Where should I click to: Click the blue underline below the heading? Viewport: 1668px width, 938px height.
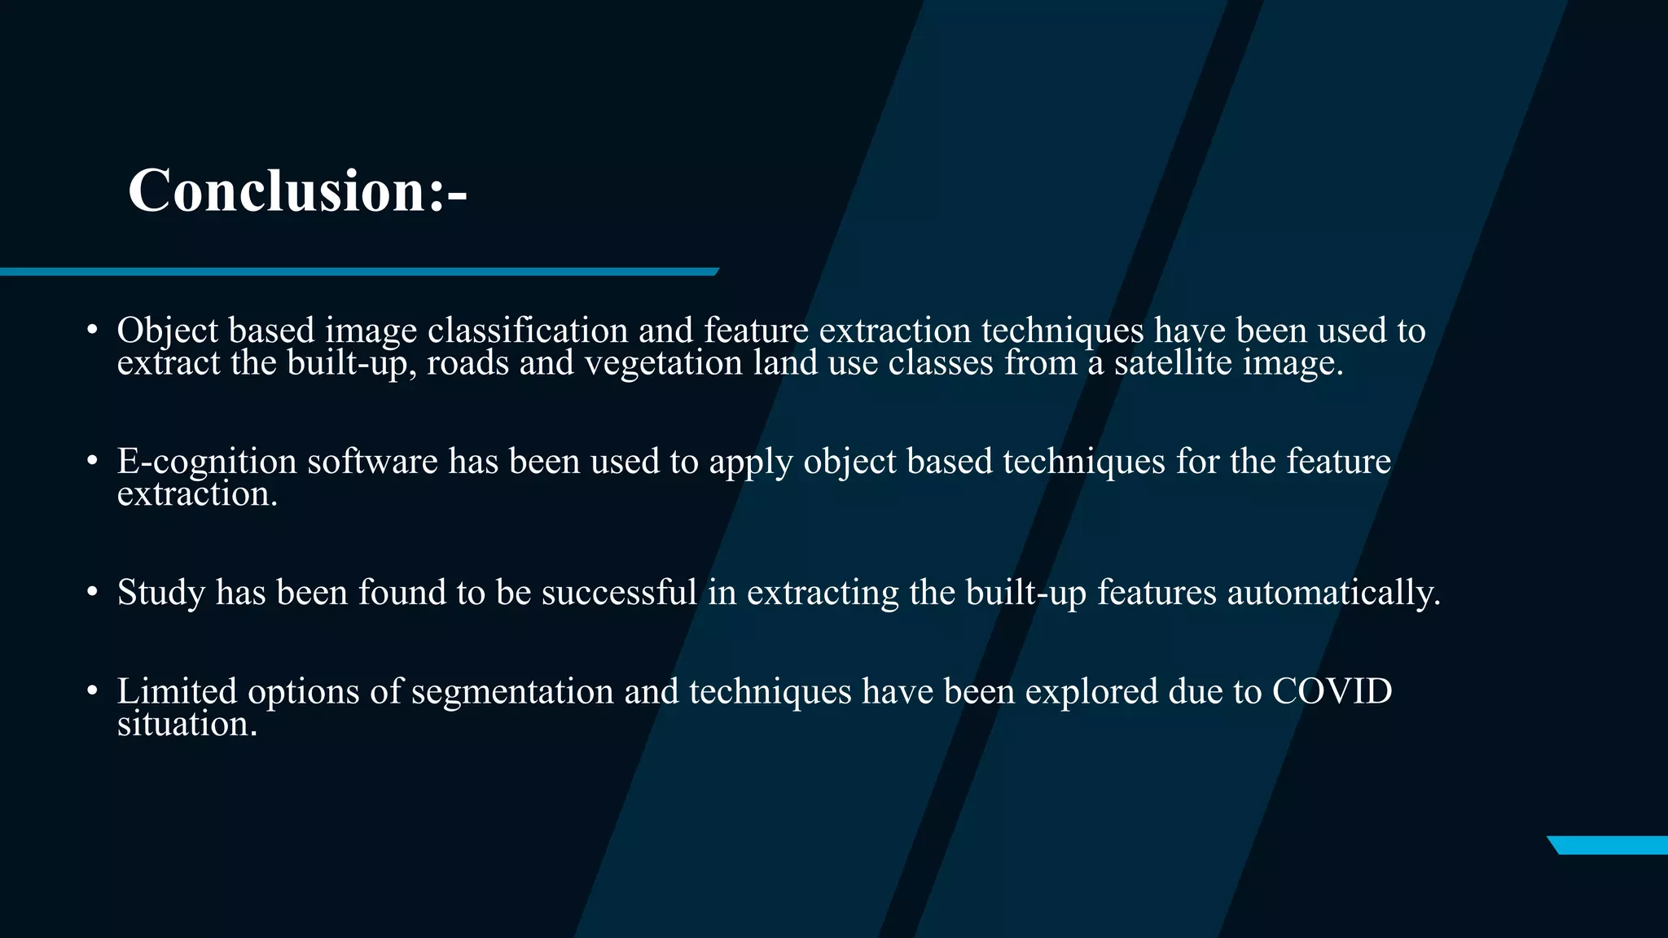click(x=358, y=271)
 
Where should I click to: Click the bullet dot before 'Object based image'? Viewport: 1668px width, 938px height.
click(x=92, y=331)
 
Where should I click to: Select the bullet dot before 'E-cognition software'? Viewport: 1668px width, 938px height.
click(x=92, y=462)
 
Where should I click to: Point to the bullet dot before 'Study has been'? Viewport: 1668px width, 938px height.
click(x=92, y=592)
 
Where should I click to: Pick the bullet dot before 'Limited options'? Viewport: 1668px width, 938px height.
click(x=92, y=691)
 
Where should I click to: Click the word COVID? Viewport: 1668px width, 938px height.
click(x=1332, y=691)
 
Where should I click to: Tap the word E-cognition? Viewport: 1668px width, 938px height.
click(x=207, y=462)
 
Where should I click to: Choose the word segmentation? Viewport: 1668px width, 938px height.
click(x=512, y=692)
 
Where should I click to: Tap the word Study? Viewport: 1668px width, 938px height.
click(x=161, y=593)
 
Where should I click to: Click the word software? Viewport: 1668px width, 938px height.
click(x=372, y=462)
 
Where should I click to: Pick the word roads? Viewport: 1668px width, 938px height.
click(x=467, y=363)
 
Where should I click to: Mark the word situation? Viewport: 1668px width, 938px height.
click(x=187, y=724)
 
